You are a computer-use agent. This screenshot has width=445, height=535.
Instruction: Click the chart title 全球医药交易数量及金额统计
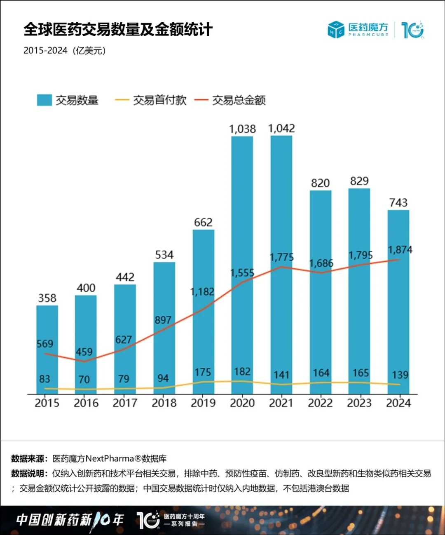tap(118, 30)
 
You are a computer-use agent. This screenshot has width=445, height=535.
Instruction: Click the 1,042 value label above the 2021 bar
tap(281, 129)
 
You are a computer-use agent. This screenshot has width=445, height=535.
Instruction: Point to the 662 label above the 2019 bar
tap(203, 223)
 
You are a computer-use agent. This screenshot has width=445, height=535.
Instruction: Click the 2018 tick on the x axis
tap(164, 403)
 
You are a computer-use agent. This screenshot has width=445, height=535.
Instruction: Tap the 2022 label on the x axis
tap(320, 403)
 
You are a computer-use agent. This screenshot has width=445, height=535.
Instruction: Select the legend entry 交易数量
tap(68, 100)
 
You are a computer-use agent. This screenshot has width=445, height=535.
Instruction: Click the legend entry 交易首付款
tap(151, 100)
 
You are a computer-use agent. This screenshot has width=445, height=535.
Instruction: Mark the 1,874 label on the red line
tap(400, 250)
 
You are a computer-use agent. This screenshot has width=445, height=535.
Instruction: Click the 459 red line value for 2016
tap(84, 352)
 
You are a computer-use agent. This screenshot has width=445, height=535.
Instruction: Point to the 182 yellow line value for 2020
tap(242, 372)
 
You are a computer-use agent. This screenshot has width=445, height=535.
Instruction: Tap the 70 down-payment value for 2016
tap(84, 379)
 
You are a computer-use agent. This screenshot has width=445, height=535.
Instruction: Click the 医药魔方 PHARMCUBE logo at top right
tap(358, 30)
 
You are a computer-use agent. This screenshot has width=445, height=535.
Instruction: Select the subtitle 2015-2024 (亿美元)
tap(65, 51)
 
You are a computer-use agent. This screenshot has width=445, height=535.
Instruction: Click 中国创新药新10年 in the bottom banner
tap(70, 520)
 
